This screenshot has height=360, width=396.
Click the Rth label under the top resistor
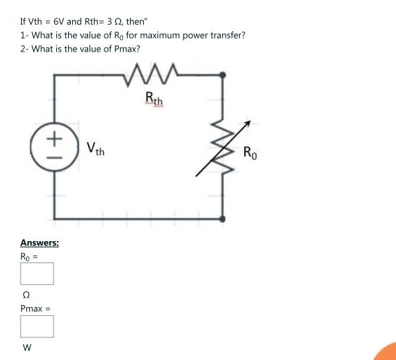coord(155,101)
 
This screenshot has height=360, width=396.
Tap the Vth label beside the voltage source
coord(96,148)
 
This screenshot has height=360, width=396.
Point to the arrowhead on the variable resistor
coord(247,124)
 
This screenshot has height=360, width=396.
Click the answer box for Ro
coord(36,273)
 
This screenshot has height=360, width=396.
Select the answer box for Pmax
coord(36,326)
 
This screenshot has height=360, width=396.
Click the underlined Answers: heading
coord(39,243)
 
